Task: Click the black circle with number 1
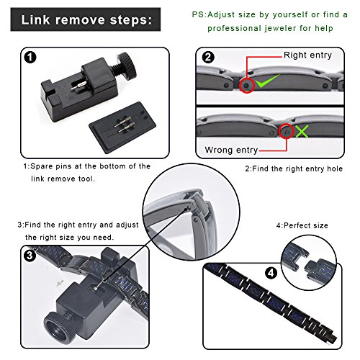[30, 58]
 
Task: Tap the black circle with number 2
[208, 58]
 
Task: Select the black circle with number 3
[30, 256]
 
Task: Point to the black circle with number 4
[271, 273]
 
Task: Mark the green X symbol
[302, 131]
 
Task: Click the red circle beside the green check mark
[246, 85]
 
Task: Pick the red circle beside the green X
[287, 131]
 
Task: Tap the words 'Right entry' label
[307, 55]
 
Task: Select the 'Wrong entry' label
[231, 150]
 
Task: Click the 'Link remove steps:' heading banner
[86, 19]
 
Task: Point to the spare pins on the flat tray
[123, 125]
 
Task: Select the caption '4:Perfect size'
[302, 225]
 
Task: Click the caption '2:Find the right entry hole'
[294, 168]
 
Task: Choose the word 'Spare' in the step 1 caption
[42, 166]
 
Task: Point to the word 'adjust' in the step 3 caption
[127, 225]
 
